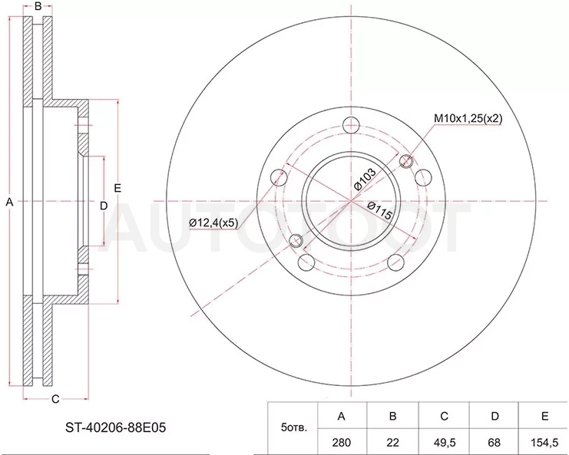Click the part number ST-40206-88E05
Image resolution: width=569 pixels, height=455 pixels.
click(x=115, y=428)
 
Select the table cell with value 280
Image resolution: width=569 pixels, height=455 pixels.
click(x=342, y=442)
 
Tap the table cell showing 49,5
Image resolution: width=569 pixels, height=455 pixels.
click(x=444, y=442)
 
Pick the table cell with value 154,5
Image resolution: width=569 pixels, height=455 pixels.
click(x=544, y=442)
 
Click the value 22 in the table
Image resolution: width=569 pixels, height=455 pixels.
click(x=392, y=442)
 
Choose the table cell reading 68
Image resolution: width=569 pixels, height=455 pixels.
click(x=495, y=442)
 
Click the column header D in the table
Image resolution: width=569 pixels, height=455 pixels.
click(x=495, y=416)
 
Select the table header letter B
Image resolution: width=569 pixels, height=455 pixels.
click(x=392, y=416)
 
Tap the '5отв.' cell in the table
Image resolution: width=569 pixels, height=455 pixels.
click(x=294, y=428)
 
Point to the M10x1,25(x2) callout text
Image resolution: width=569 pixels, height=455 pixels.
click(x=468, y=118)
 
